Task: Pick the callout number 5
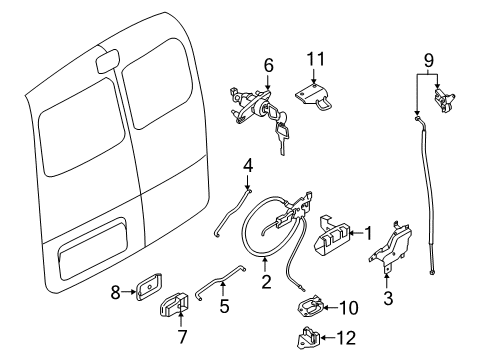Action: pos(223,307)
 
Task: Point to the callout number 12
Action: pos(346,338)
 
